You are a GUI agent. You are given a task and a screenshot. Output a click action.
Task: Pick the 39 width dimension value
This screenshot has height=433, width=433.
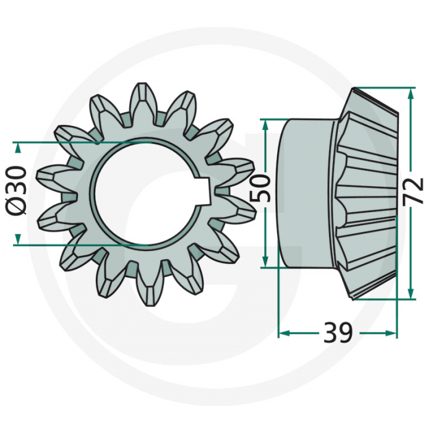click(338, 333)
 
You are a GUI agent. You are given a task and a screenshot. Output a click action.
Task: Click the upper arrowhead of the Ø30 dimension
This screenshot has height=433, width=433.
click(17, 147)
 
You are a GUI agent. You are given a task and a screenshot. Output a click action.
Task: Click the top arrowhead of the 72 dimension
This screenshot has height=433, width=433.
click(410, 93)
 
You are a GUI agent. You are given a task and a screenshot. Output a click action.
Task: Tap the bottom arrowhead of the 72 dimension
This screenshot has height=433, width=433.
click(410, 295)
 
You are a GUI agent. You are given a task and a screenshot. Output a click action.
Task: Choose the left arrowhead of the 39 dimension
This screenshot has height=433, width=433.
click(283, 333)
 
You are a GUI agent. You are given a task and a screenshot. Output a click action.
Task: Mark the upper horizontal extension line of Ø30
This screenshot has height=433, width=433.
click(80, 142)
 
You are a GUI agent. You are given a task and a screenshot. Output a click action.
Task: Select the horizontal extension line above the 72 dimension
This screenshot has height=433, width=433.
click(384, 88)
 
